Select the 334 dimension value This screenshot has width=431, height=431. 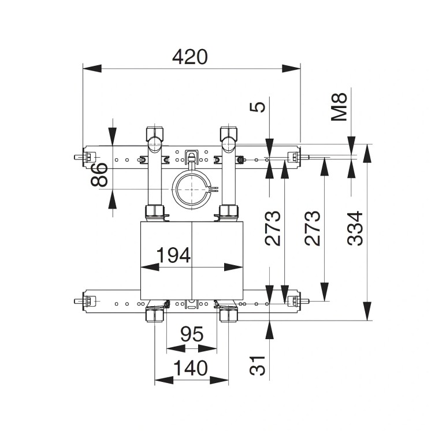[356, 228]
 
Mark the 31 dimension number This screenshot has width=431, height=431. [259, 365]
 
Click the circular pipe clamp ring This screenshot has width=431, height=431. [191, 190]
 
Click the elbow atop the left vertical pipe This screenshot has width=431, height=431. [154, 139]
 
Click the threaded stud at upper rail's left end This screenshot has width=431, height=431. [77, 157]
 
